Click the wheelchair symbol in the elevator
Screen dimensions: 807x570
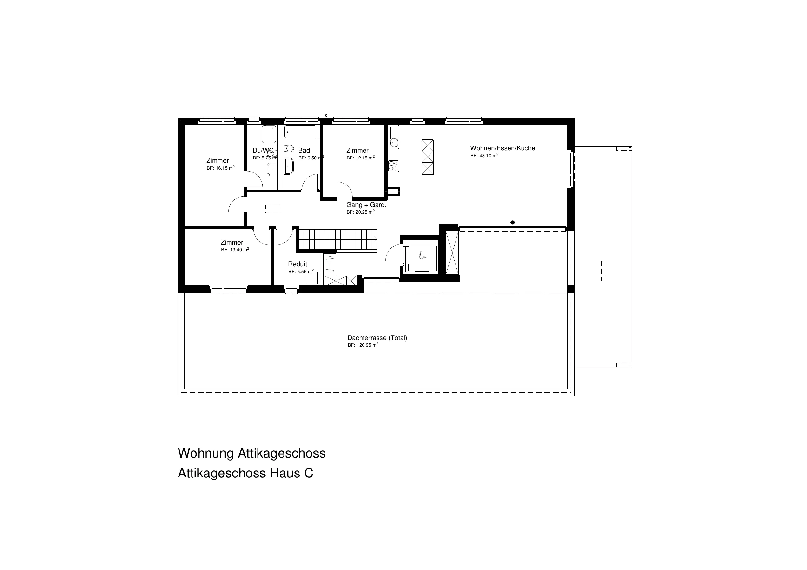422,255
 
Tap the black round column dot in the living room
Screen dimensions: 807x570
512,222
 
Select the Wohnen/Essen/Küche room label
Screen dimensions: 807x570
503,148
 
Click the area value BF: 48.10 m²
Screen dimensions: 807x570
484,156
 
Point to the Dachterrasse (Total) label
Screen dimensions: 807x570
377,338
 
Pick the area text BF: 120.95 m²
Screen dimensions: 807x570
363,345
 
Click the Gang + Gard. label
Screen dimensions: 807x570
366,205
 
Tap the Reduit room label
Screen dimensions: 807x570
298,264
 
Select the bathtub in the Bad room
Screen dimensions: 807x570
300,132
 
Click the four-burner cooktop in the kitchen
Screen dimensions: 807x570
393,166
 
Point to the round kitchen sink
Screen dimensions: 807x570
394,142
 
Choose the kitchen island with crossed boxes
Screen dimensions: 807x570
428,157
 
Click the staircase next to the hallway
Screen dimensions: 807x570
337,240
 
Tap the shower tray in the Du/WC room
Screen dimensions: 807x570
269,134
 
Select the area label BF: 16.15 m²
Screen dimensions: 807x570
221,168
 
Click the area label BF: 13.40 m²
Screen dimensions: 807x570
235,250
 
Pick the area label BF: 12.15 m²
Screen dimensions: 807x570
361,158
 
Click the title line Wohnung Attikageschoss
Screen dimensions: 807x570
252,453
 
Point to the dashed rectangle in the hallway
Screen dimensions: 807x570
273,209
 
